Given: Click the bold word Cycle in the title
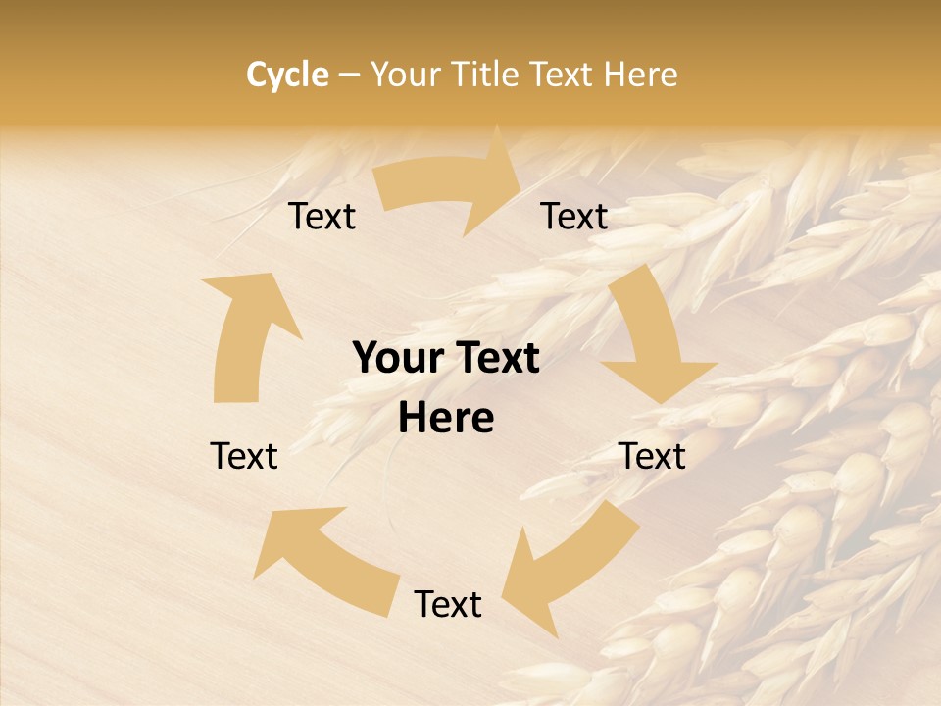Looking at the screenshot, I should (287, 75).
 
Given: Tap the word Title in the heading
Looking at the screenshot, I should (487, 75).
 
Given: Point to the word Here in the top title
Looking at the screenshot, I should (640, 75).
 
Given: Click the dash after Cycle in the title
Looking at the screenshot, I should (349, 76).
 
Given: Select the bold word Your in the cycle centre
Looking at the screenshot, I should (396, 358).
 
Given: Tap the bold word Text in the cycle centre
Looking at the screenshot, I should (494, 358).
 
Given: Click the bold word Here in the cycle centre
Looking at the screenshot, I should (446, 419).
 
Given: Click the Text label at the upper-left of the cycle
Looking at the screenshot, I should (322, 216).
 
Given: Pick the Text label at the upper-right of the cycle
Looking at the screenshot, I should (574, 216).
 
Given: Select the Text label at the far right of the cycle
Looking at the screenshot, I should (653, 456).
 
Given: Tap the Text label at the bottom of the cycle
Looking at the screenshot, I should (448, 604).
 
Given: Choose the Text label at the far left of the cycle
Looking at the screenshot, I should (244, 456).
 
